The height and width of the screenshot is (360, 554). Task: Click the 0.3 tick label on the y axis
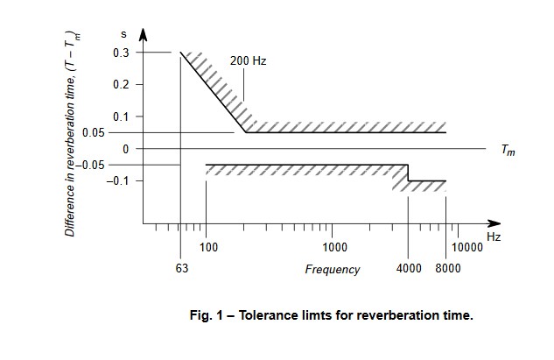click(120, 53)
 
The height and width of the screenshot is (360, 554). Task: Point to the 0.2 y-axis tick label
click(120, 85)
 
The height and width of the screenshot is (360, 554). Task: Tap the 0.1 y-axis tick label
click(120, 116)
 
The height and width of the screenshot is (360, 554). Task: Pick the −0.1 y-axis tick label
click(118, 180)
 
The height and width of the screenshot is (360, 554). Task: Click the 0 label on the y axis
click(125, 149)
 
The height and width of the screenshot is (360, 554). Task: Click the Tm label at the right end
click(508, 150)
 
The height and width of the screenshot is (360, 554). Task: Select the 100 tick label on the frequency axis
click(208, 248)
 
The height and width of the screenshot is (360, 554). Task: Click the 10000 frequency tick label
click(467, 248)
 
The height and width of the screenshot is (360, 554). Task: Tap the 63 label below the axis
click(182, 269)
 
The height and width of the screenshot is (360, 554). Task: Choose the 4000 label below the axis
click(410, 269)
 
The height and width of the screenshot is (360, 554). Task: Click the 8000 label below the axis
click(448, 269)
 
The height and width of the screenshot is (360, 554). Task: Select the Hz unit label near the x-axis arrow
click(494, 237)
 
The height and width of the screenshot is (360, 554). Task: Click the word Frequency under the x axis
click(332, 270)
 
